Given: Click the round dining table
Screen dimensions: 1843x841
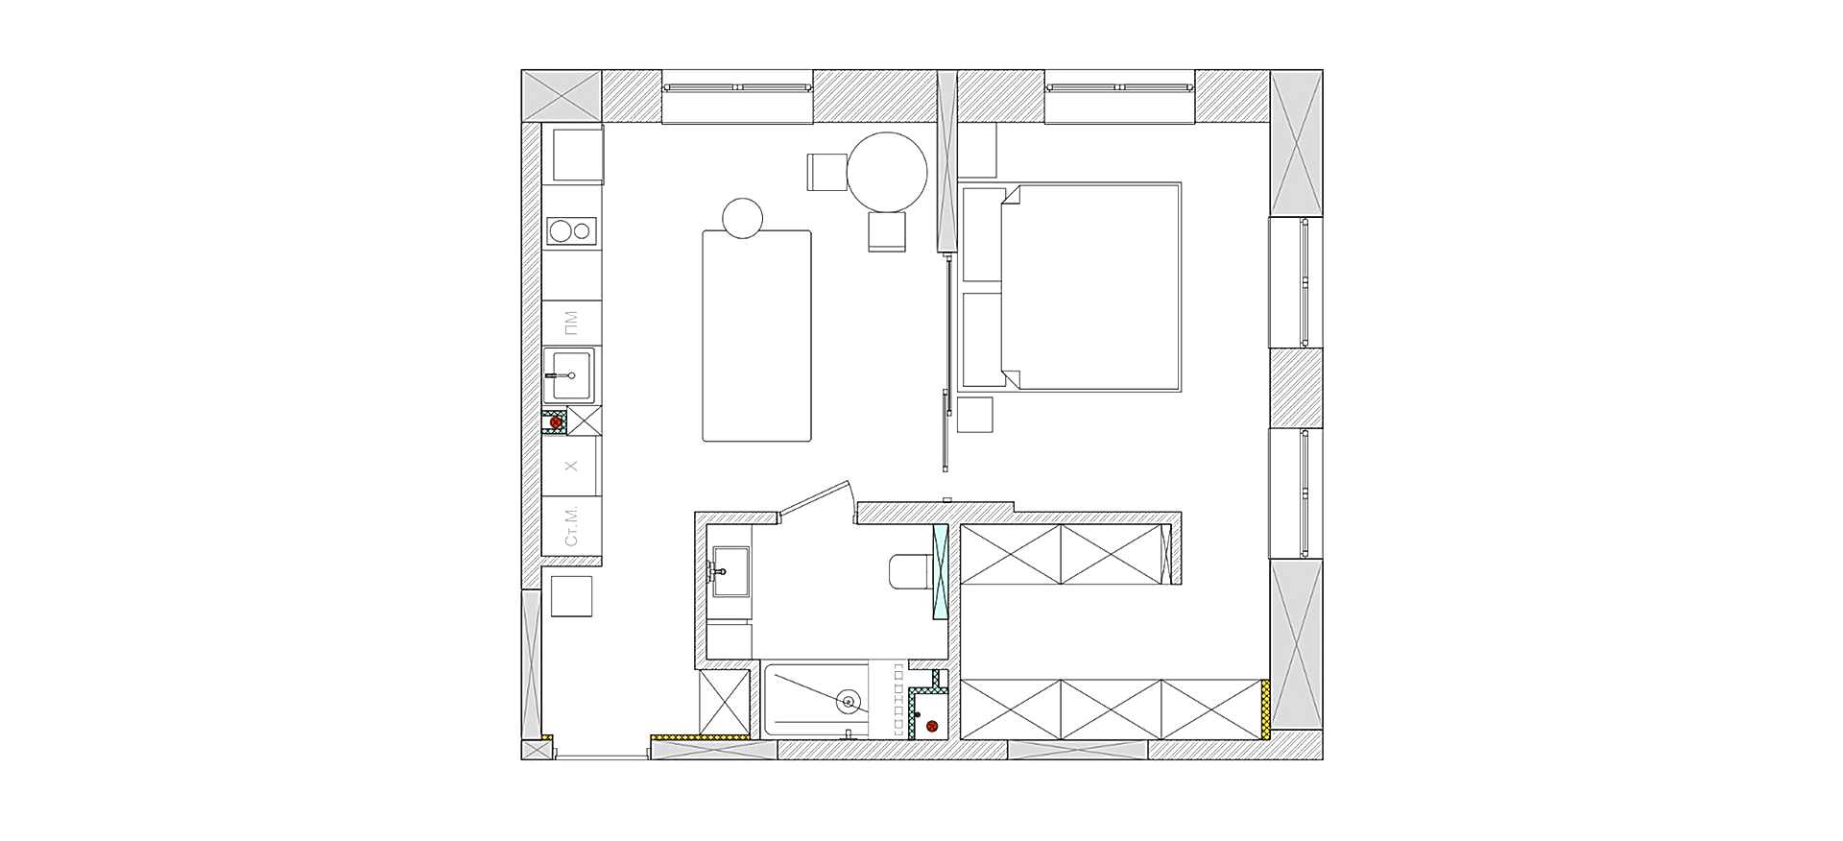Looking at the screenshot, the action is tap(887, 173).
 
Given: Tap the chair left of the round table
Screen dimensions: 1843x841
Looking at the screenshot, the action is tap(826, 173).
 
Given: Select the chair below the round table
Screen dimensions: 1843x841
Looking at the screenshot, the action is tap(887, 231).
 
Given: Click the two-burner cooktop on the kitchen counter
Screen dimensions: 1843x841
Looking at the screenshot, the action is tap(571, 231).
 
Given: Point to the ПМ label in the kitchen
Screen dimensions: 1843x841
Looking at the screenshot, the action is tap(571, 323).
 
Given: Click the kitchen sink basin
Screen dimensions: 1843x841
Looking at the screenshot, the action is tap(569, 374).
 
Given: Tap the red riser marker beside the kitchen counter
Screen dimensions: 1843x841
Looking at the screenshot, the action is tap(554, 421).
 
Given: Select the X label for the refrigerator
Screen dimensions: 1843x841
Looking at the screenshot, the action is tap(571, 467).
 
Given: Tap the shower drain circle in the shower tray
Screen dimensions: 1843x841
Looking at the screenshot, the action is tap(848, 702).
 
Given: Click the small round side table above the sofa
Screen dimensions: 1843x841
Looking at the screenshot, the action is tap(742, 217).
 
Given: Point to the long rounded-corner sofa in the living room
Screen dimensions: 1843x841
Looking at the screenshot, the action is tap(756, 336).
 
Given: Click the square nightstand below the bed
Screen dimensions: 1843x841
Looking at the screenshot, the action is tap(975, 415).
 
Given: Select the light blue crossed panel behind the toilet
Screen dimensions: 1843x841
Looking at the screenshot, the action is tap(941, 572).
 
